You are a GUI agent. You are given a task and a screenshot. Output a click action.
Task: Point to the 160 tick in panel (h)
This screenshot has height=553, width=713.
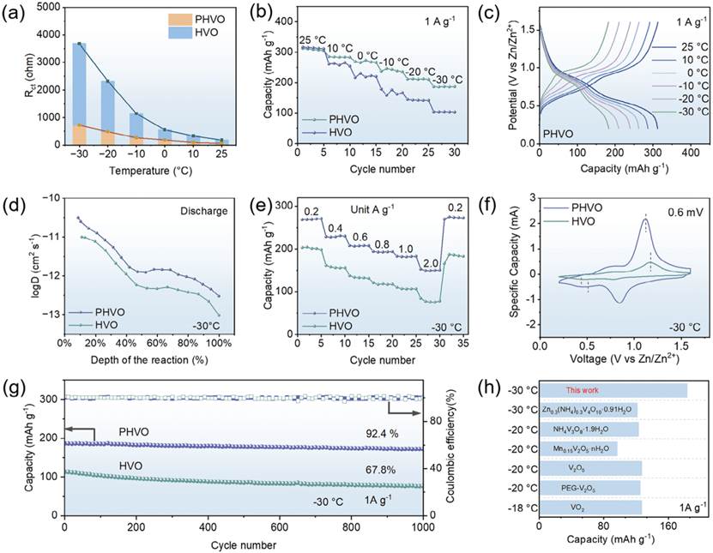[669, 526]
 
